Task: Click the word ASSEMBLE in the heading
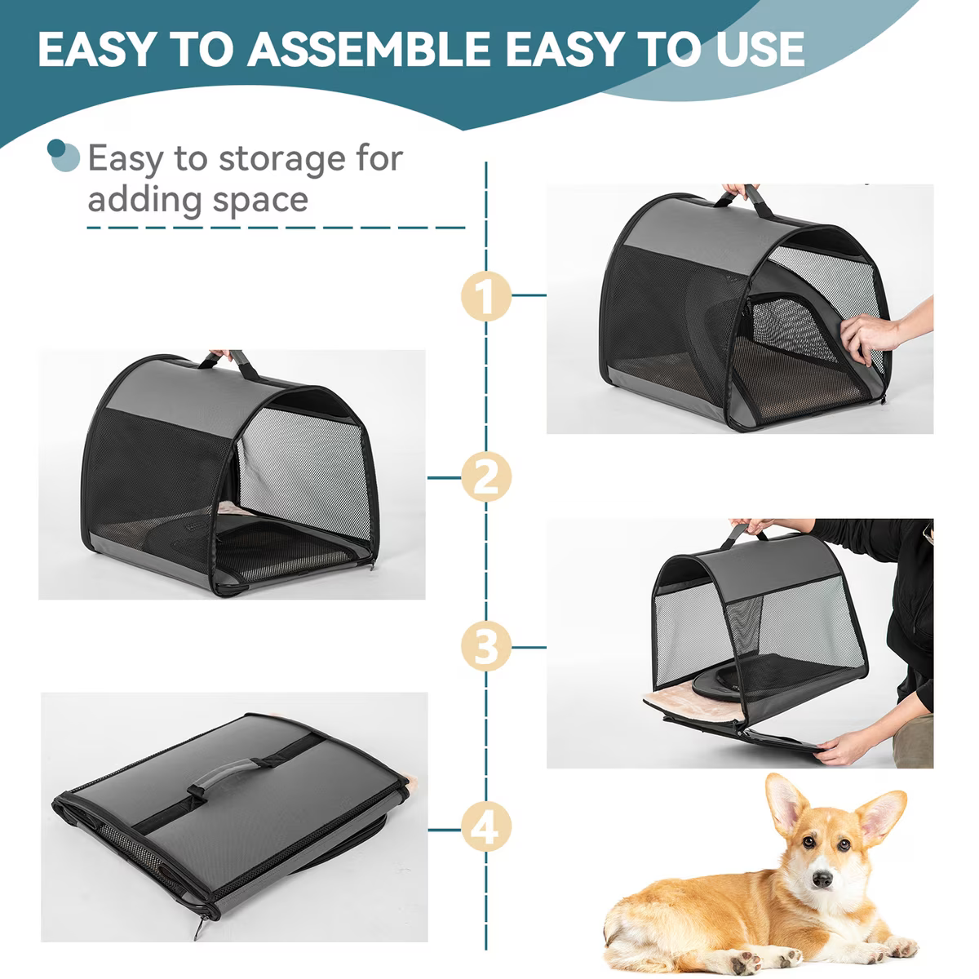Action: pyautogui.click(x=368, y=49)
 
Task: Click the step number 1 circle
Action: pyautogui.click(x=485, y=296)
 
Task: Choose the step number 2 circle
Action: pyautogui.click(x=485, y=476)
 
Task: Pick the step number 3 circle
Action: pyautogui.click(x=485, y=647)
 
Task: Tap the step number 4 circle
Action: pyautogui.click(x=485, y=829)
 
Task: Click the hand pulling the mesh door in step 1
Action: pyautogui.click(x=868, y=335)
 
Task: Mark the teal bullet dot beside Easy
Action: pyautogui.click(x=64, y=155)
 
